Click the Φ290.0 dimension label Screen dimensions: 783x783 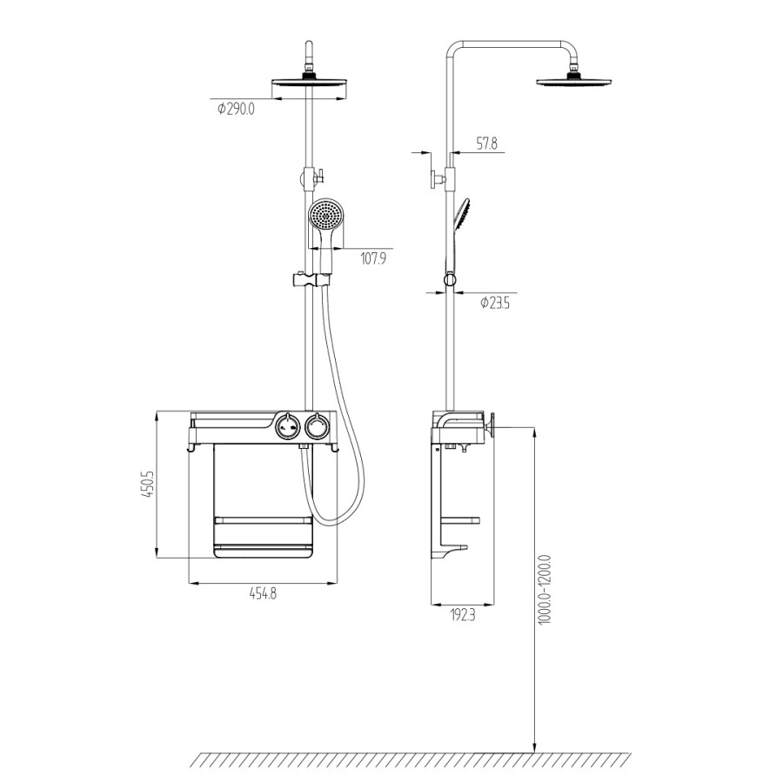pos(236,109)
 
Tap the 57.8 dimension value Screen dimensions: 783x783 pos(487,144)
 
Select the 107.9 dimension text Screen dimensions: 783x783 pos(373,258)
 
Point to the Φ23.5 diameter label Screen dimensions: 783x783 pos(494,303)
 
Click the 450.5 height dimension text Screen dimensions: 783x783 pos(147,484)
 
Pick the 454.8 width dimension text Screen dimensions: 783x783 pos(263,593)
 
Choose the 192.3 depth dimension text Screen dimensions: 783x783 pos(463,615)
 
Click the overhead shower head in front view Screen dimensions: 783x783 pos(309,84)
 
